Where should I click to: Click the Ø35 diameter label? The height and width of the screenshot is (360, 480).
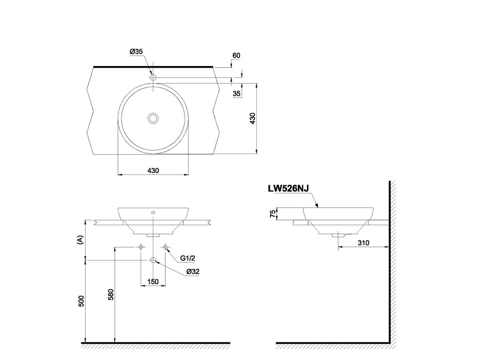tap(136, 52)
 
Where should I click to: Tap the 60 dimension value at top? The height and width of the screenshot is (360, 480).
tap(236, 56)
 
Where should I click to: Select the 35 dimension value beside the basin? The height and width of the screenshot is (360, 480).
tap(236, 94)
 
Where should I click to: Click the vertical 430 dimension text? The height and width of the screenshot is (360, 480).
tap(252, 119)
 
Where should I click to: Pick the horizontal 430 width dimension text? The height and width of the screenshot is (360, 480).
tap(153, 170)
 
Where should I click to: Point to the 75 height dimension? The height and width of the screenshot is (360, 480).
tap(273, 214)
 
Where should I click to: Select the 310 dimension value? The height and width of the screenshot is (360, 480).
tap(364, 242)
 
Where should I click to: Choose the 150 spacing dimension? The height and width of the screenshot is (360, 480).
tap(153, 282)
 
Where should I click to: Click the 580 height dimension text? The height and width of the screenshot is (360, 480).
tap(111, 294)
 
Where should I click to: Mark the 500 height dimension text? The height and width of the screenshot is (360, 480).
tap(81, 301)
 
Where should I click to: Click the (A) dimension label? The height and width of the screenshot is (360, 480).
tap(81, 240)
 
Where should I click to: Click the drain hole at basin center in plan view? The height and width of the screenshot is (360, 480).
tap(153, 118)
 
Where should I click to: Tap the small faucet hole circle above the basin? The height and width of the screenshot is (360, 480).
tap(153, 77)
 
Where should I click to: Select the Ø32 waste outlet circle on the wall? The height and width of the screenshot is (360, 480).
tap(153, 260)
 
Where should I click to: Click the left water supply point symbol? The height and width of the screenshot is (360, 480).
tap(140, 248)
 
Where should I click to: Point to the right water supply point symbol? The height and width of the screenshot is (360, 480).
tap(166, 248)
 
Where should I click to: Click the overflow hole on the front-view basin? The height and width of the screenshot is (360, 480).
tap(153, 212)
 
